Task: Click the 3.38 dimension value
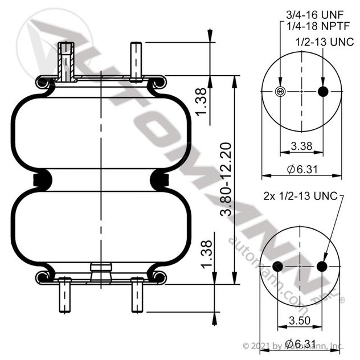(x=301, y=146)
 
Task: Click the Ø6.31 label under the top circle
(x=301, y=169)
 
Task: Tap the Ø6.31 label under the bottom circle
(x=301, y=343)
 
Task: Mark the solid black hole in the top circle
(x=323, y=92)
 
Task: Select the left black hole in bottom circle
(x=278, y=266)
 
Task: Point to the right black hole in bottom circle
(x=322, y=266)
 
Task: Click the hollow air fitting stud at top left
(x=66, y=60)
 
